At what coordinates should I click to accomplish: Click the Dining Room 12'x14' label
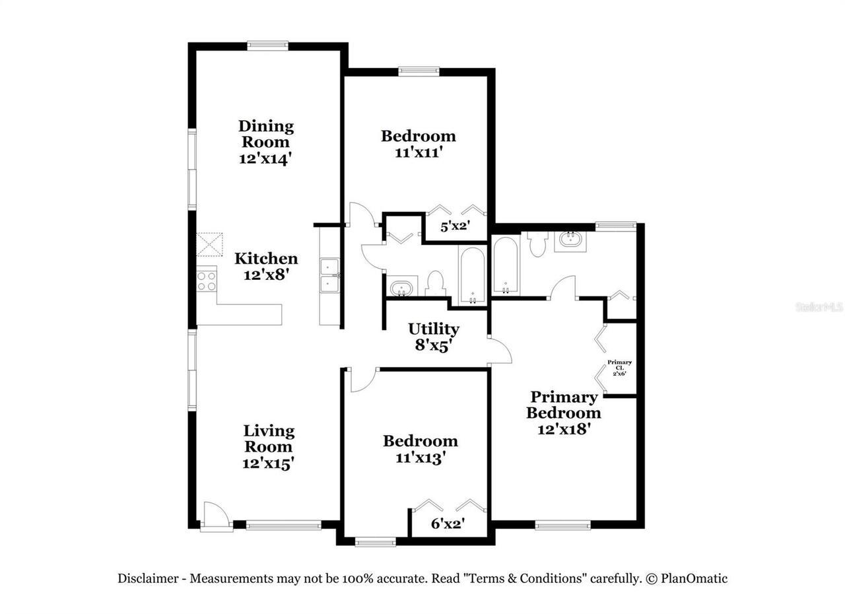[266, 142]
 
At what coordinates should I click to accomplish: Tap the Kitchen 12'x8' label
[266, 266]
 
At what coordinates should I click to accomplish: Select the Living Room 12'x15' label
[268, 447]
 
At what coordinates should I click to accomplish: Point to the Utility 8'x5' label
[433, 337]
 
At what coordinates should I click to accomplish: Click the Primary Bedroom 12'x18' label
[563, 413]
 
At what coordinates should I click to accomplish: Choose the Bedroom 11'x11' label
[418, 144]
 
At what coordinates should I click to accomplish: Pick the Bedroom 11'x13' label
[420, 449]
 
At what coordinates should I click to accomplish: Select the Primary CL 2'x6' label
[619, 368]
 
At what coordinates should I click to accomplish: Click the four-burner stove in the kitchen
[207, 281]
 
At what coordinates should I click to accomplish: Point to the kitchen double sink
[329, 275]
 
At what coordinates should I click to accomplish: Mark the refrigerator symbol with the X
[211, 244]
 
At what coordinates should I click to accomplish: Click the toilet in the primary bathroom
[537, 244]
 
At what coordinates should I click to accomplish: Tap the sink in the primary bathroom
[569, 240]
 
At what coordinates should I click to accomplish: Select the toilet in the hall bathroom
[435, 283]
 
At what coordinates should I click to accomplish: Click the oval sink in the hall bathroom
[401, 289]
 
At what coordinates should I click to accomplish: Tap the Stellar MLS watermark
[819, 307]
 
